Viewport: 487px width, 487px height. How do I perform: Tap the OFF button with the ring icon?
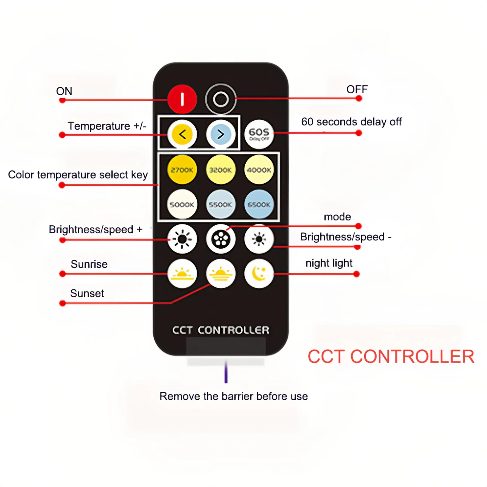click(x=221, y=99)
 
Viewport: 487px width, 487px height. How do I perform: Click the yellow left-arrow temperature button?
click(x=182, y=134)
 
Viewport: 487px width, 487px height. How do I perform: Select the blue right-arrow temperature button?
click(x=221, y=134)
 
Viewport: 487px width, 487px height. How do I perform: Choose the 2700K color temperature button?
click(x=182, y=170)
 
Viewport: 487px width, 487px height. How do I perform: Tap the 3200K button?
click(x=221, y=170)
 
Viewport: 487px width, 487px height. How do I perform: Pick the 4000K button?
click(x=259, y=170)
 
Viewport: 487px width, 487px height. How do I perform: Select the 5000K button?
click(x=182, y=205)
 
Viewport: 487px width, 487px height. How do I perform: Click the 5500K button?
click(x=221, y=205)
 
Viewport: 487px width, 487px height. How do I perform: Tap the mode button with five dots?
click(x=221, y=239)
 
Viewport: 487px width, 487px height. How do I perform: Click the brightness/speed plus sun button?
click(x=182, y=239)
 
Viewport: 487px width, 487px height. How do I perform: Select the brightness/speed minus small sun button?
click(x=259, y=239)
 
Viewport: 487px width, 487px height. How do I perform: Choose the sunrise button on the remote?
click(x=182, y=274)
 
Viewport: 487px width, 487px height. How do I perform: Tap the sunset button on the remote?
click(x=221, y=274)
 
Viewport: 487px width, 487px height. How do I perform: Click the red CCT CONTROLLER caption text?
click(x=391, y=357)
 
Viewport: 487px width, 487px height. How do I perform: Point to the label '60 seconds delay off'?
click(x=351, y=122)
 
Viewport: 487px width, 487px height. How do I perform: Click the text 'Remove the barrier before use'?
click(x=233, y=396)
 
